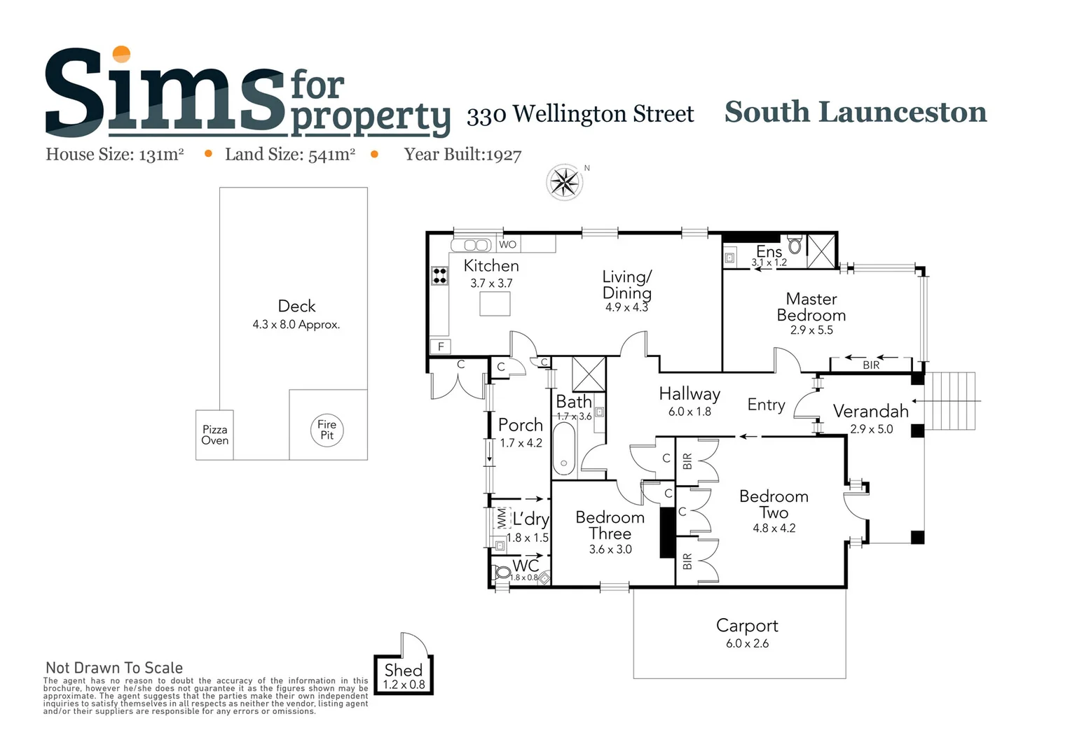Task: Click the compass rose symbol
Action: pyautogui.click(x=564, y=183)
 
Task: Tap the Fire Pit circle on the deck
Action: pyautogui.click(x=327, y=430)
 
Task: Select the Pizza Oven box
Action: pyautogui.click(x=214, y=435)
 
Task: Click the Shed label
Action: pyautogui.click(x=403, y=670)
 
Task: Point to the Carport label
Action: pyautogui.click(x=747, y=626)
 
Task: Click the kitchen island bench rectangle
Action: pyautogui.click(x=495, y=304)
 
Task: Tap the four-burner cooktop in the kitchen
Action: pyautogui.click(x=439, y=275)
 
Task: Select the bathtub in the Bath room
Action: pyautogui.click(x=564, y=449)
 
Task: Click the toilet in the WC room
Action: pyautogui.click(x=502, y=573)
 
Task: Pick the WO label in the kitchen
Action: pyautogui.click(x=508, y=244)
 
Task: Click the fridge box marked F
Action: pyautogui.click(x=441, y=346)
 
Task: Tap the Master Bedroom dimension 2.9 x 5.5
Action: pyautogui.click(x=811, y=330)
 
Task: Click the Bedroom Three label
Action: pyautogui.click(x=610, y=525)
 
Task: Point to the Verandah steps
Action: pyautogui.click(x=950, y=401)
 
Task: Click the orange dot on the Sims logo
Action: pyautogui.click(x=122, y=54)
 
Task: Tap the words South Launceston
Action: pyautogui.click(x=855, y=112)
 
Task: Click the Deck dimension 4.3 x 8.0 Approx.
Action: pyautogui.click(x=296, y=325)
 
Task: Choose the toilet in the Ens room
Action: pyautogui.click(x=795, y=246)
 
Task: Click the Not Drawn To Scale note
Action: pyautogui.click(x=114, y=668)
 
